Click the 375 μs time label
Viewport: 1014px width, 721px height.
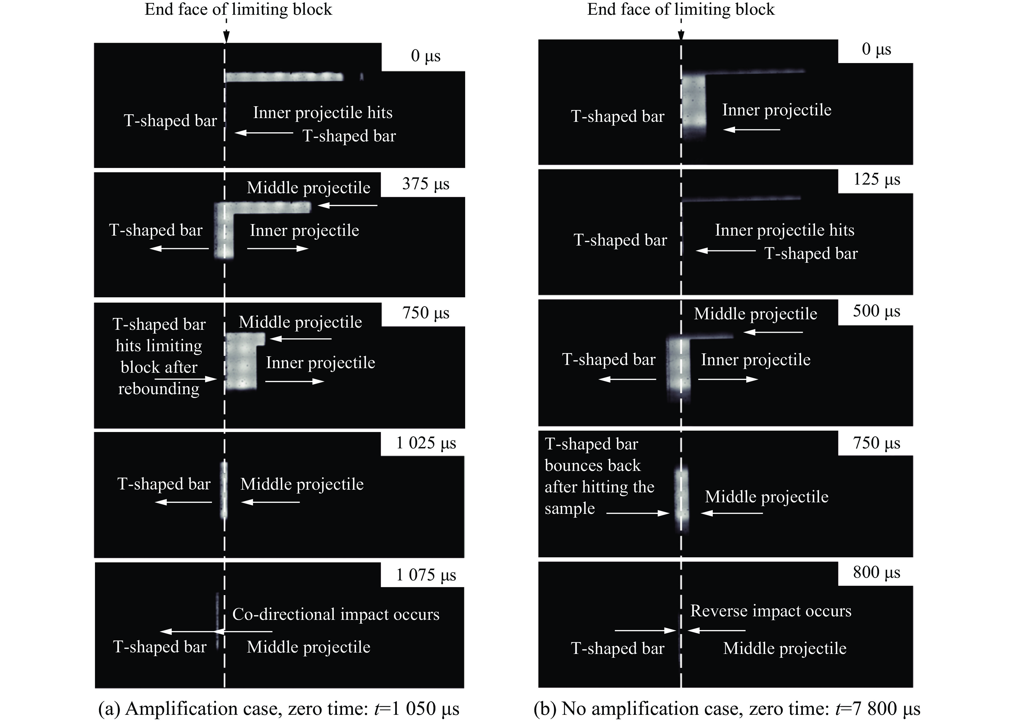coord(425,184)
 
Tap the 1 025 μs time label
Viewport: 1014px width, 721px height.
coord(425,443)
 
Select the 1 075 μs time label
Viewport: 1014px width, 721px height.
coord(425,575)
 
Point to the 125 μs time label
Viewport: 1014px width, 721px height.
coord(876,179)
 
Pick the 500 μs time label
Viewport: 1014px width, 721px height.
coord(876,311)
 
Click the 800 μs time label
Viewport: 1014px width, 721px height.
coord(876,572)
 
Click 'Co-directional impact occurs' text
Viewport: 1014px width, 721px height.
coord(336,614)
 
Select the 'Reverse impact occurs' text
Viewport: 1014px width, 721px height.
coord(771,611)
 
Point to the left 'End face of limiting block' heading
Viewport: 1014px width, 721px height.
coord(238,9)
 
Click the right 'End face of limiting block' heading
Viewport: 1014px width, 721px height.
coord(681,9)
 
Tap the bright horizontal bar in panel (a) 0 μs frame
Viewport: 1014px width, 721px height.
coord(284,77)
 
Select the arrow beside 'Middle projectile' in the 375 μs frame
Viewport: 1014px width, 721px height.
coord(347,205)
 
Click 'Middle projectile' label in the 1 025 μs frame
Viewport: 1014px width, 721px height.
coord(302,484)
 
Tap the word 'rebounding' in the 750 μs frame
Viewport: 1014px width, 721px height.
coord(159,389)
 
